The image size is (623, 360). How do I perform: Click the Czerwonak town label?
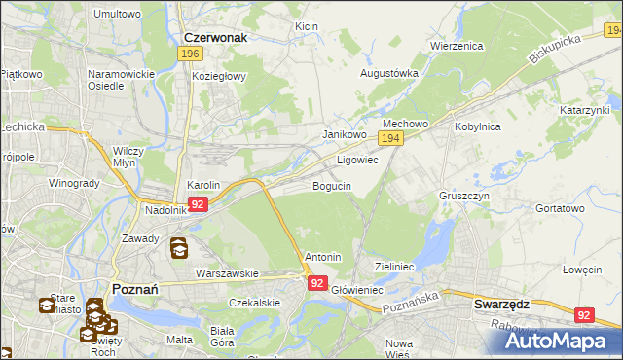click(x=216, y=37)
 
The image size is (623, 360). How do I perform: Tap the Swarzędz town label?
click(x=500, y=304)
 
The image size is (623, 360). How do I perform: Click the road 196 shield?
click(x=192, y=54)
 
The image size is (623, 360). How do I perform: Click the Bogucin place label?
click(x=332, y=185)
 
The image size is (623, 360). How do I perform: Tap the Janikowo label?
click(x=344, y=134)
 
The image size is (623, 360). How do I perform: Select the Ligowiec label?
click(x=357, y=160)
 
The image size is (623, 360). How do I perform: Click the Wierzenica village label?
click(x=457, y=46)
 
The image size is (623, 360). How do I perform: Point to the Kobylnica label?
click(x=477, y=126)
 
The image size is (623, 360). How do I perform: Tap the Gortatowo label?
click(x=560, y=208)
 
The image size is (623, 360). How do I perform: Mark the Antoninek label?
click(x=323, y=257)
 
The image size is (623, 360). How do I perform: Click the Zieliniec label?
click(x=395, y=266)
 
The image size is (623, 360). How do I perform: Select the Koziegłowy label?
click(x=220, y=76)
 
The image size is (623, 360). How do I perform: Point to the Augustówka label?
click(x=389, y=73)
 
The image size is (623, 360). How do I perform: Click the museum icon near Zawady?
click(x=180, y=249)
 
